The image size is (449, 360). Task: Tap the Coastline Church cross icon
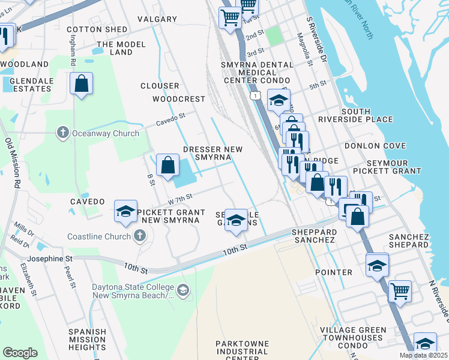[140, 236]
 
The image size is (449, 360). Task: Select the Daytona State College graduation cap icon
[183, 291]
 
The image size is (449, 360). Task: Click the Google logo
[20, 353]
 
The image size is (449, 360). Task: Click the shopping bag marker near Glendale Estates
[81, 83]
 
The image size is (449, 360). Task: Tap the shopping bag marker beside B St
[168, 164]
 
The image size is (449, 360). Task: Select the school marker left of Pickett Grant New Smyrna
[125, 211]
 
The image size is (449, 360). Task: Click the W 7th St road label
[179, 197]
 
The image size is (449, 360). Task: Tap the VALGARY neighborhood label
[157, 19]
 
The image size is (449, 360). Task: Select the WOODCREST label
[179, 98]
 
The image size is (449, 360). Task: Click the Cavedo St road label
[171, 121]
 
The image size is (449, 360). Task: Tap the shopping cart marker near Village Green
[400, 292]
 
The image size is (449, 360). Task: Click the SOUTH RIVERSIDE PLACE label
[367, 116]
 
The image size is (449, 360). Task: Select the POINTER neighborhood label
[334, 272]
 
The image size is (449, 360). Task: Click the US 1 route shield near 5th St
[256, 96]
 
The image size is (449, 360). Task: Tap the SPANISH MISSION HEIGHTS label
[87, 339]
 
